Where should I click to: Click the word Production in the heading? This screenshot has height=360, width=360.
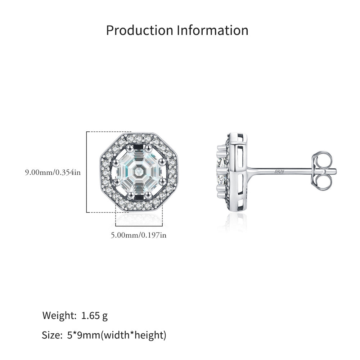(x=140, y=31)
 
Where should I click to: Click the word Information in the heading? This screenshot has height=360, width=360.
(x=213, y=30)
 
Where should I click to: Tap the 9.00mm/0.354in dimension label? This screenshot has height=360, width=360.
(x=53, y=172)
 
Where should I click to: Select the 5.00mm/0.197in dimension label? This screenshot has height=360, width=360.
(x=139, y=235)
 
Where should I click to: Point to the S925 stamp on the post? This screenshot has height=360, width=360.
(x=279, y=172)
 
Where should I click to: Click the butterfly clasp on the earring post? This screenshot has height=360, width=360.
(x=322, y=171)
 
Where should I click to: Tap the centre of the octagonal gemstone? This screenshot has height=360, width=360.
(x=139, y=171)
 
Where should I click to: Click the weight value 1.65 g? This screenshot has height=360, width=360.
(x=94, y=316)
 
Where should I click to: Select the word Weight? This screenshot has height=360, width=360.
(x=59, y=316)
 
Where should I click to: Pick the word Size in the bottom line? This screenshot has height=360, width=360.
(x=52, y=336)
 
